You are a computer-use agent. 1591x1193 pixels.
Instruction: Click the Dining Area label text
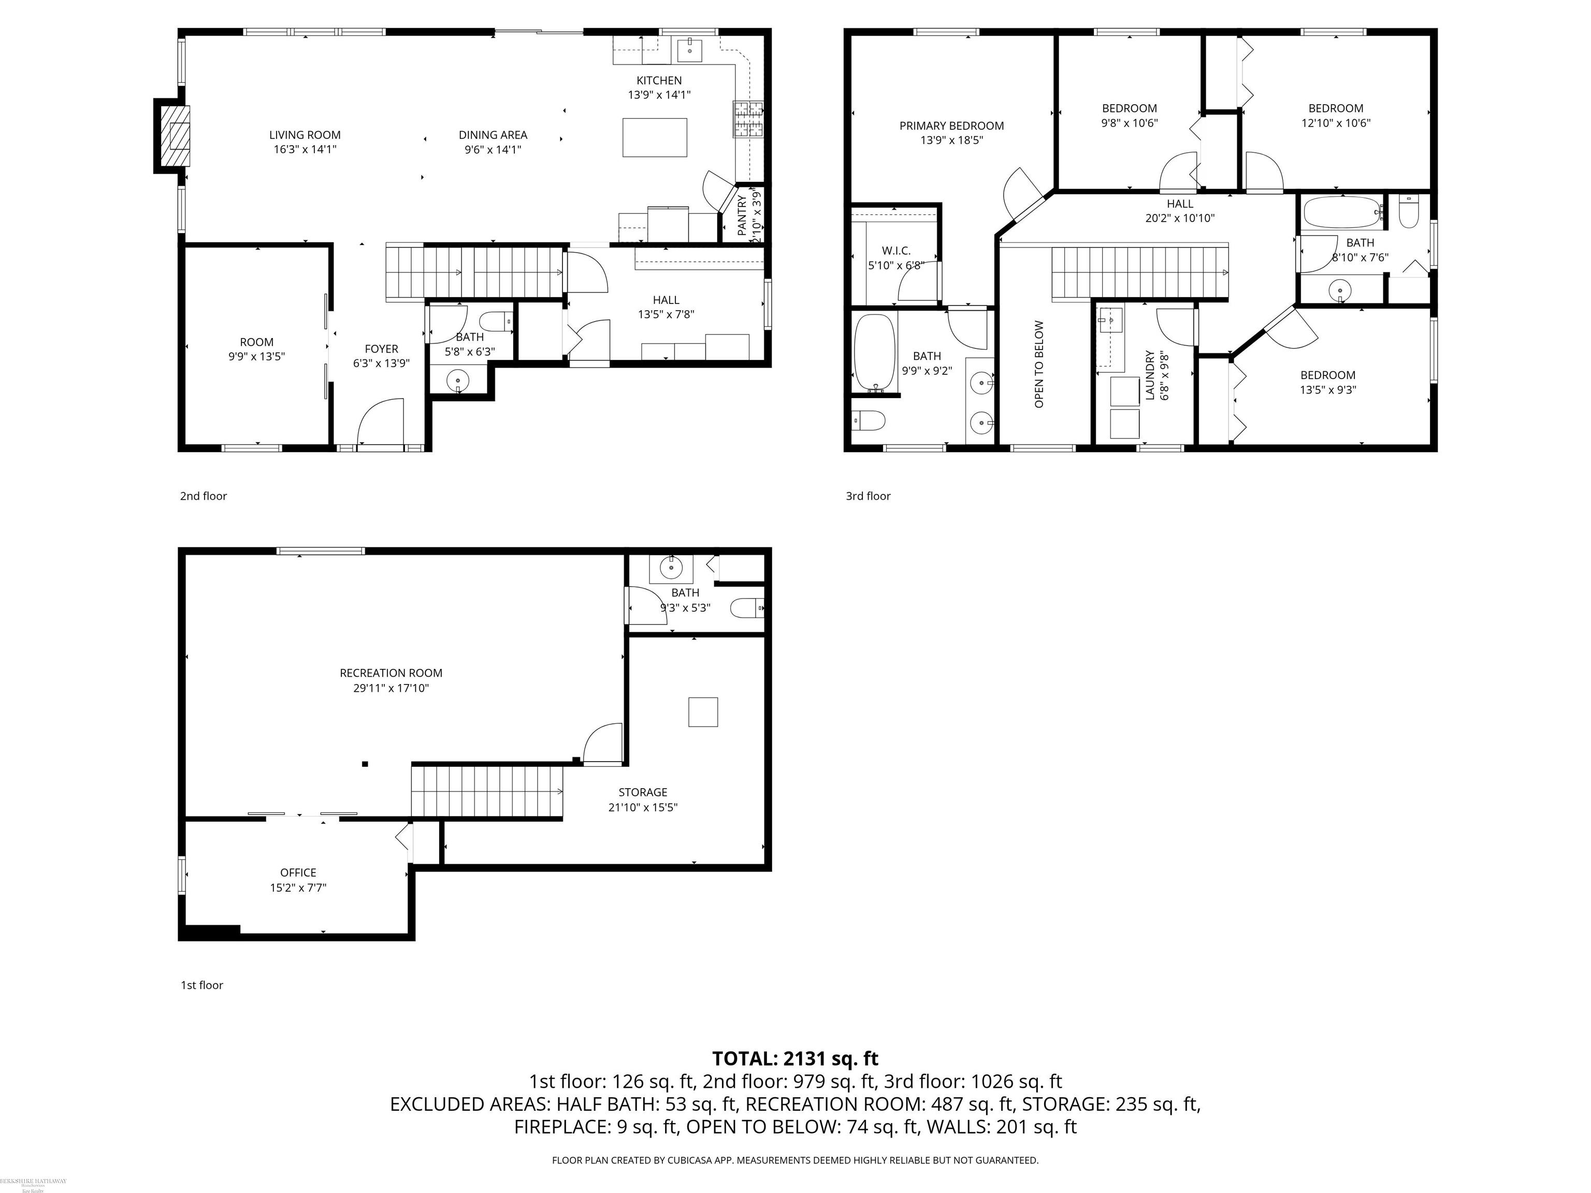coord(493,135)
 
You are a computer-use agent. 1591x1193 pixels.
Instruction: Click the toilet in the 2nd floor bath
coord(496,321)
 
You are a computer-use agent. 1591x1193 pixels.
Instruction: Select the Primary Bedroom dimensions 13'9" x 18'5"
coord(951,140)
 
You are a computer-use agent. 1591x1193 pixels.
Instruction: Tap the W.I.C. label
coord(895,250)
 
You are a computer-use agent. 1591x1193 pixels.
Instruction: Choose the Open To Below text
coord(1038,364)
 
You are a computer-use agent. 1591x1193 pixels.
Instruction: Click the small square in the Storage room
coord(703,712)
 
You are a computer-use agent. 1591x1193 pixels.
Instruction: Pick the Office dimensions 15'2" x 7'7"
coord(298,888)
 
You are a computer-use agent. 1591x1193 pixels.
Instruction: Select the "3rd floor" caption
coord(867,496)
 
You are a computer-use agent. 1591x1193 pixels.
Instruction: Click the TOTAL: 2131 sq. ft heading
coord(795,1058)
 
